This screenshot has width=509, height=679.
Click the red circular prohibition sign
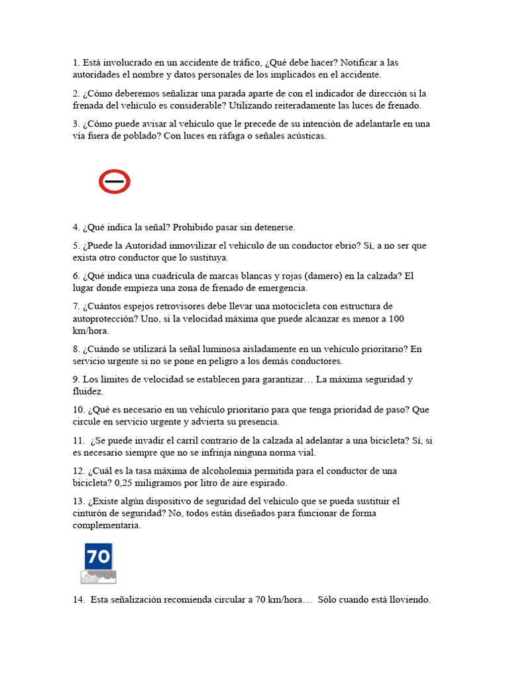(x=114, y=181)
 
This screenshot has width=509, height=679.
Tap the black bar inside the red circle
(x=114, y=180)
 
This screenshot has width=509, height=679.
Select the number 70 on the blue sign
(x=98, y=556)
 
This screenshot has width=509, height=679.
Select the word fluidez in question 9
(x=87, y=391)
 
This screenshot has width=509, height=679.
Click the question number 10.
(x=78, y=410)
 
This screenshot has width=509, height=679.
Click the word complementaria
(x=106, y=525)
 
